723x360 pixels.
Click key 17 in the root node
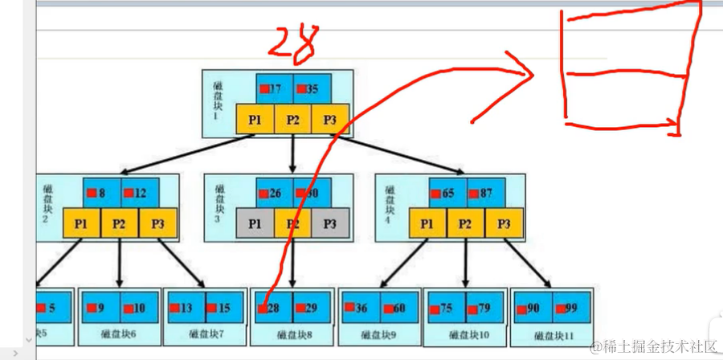coord(275,88)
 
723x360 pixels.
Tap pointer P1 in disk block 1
coord(255,119)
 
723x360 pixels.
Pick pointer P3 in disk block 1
coord(329,119)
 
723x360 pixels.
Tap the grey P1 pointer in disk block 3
coord(255,224)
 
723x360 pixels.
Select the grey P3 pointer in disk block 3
coord(329,224)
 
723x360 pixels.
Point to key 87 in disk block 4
coord(484,193)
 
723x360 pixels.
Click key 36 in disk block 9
coord(360,308)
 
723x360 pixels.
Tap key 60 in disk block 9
coord(398,308)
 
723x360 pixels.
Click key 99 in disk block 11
coord(570,308)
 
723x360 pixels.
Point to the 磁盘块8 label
coord(294,336)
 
